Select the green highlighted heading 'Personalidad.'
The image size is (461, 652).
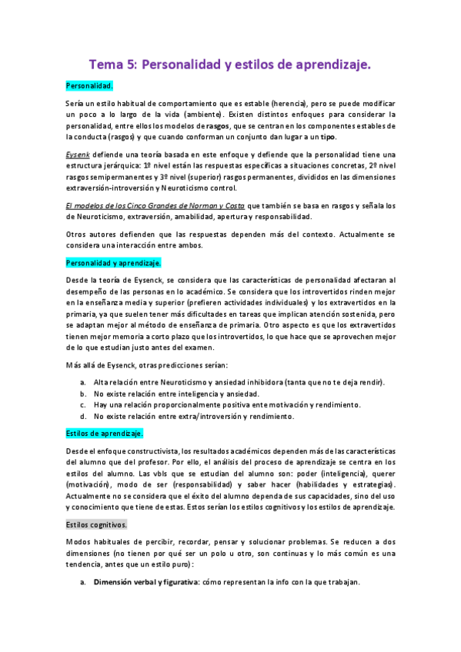[90, 85]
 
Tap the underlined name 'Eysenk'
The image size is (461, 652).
[78, 154]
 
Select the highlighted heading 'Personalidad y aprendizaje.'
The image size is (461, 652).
[112, 263]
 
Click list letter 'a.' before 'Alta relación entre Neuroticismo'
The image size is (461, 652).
[83, 383]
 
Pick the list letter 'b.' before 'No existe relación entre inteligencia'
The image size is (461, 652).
[83, 394]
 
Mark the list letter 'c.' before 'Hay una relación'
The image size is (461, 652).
[83, 405]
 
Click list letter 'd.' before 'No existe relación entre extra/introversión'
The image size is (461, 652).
[83, 417]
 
